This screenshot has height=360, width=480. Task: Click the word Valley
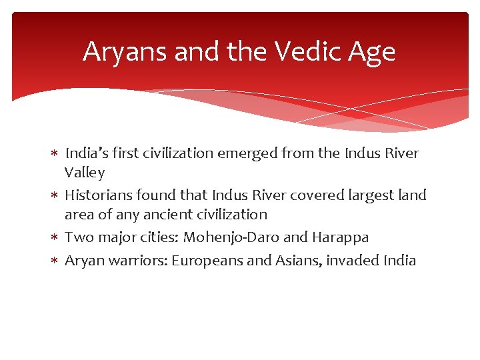click(85, 173)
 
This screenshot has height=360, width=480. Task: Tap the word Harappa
click(341, 237)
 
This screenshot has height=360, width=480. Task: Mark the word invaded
click(355, 260)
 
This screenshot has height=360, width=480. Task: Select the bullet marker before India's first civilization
click(55, 154)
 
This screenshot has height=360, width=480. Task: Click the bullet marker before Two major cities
click(55, 238)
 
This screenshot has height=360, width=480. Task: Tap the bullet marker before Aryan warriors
click(55, 261)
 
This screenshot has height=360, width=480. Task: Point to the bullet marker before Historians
click(55, 195)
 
